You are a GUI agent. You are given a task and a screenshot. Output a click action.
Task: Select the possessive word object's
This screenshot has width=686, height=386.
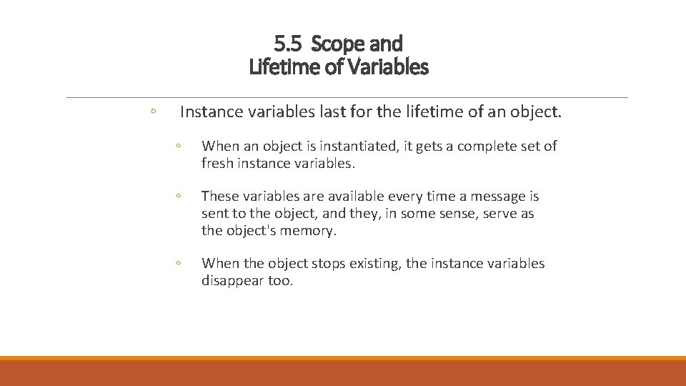[x=252, y=230]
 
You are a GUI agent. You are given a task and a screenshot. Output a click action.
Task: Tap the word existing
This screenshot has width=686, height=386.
[x=375, y=264]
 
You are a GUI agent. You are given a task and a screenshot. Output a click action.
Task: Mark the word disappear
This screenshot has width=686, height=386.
[x=232, y=281]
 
